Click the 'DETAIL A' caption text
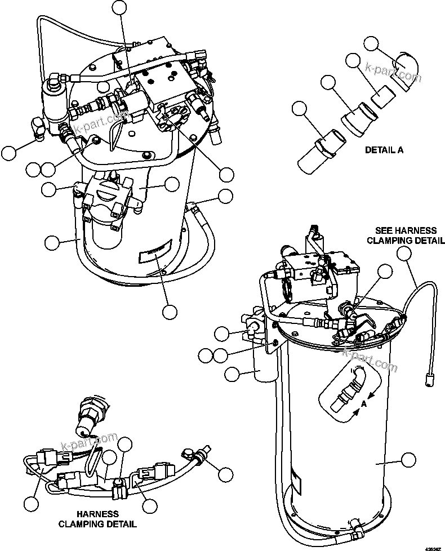[384, 150]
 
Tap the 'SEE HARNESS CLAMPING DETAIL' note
[406, 235]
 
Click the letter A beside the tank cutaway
[364, 404]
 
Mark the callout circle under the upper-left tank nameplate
[170, 312]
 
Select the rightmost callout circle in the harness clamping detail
[225, 474]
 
